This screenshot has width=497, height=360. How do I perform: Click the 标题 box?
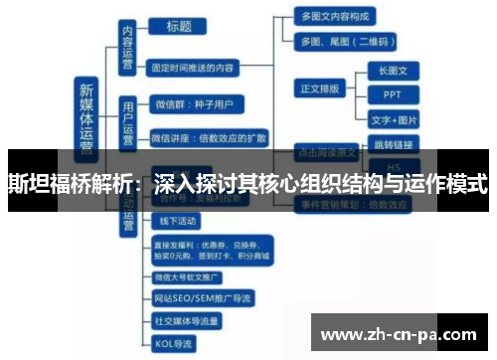click(x=180, y=27)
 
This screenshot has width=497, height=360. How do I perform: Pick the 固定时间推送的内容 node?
click(x=208, y=69)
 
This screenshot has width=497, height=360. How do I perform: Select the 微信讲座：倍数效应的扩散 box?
click(x=210, y=135)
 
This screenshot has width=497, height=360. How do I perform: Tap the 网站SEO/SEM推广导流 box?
click(x=203, y=297)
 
